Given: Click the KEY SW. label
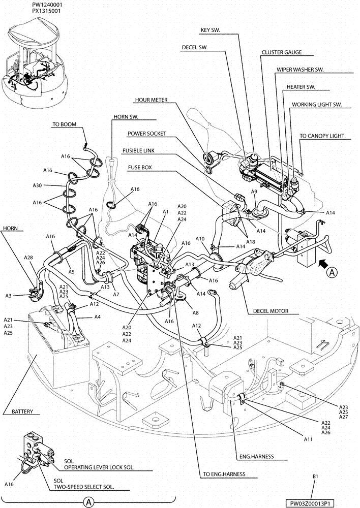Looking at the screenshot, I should point(211,30).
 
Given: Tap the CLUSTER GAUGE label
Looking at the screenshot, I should point(281,52).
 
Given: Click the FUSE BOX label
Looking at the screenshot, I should point(140,167).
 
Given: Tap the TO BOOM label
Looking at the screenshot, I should point(64,124).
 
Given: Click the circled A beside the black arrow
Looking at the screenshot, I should point(332,273).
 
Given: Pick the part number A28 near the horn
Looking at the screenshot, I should point(28,258).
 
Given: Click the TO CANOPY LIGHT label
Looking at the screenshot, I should point(321,136).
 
